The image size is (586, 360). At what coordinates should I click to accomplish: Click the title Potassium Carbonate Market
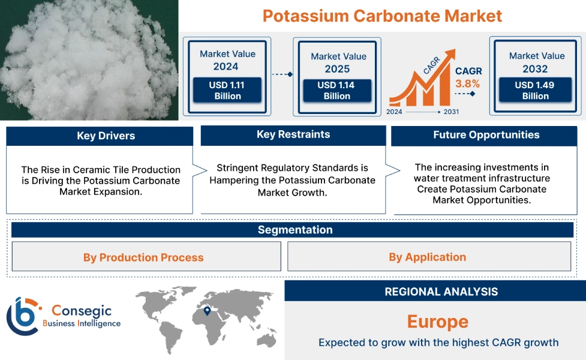click(382, 16)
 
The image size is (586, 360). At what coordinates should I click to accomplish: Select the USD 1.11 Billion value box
click(227, 91)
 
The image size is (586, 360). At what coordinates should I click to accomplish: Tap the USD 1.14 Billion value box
click(336, 91)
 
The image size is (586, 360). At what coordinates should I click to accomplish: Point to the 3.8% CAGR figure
click(468, 83)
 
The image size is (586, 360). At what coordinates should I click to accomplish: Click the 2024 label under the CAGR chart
click(395, 112)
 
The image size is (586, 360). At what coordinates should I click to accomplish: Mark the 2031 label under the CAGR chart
click(451, 112)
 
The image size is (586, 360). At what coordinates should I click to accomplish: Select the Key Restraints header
click(293, 134)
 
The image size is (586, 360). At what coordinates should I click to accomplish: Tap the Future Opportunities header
click(486, 135)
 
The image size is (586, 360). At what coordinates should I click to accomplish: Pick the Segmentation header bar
click(294, 230)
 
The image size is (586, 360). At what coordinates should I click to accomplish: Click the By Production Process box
click(144, 257)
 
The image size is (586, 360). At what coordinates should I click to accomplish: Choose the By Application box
click(427, 257)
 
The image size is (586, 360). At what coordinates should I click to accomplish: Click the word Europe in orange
click(437, 322)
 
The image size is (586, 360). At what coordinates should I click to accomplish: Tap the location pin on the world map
click(207, 311)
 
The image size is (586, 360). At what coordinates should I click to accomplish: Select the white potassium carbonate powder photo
click(89, 60)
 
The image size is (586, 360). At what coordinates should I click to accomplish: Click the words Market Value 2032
click(536, 62)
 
